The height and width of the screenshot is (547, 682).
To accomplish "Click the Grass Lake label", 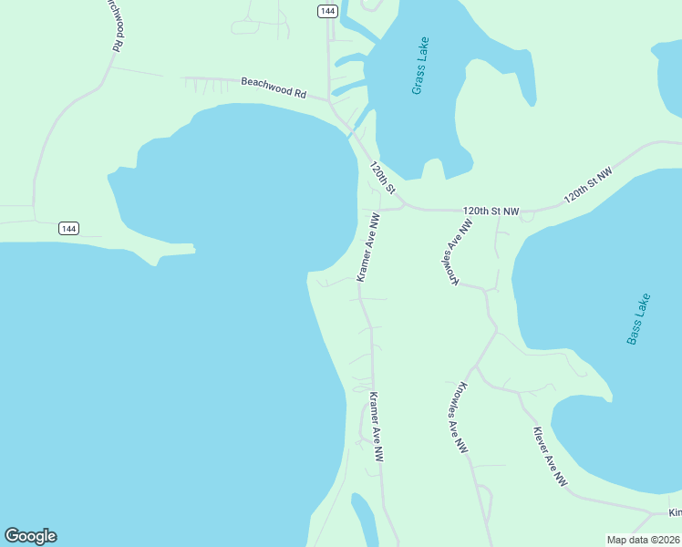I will pos(419,67).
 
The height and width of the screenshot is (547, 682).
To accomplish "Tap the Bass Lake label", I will pos(639,318).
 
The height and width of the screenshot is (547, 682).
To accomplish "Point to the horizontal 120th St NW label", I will pos(491,211).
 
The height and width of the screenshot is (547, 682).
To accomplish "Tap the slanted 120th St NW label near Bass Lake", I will pos(588,185).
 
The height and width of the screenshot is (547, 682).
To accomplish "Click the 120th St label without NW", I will pos(382,178).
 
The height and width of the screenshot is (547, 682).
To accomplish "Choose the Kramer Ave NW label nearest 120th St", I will pos(367,247).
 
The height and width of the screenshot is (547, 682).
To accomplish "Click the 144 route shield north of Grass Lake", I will pos(328,11).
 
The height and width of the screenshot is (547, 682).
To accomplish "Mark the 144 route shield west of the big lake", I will pos(68,228).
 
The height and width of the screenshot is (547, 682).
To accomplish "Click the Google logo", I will pos(30,536).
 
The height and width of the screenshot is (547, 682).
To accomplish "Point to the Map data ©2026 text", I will pos(643,540).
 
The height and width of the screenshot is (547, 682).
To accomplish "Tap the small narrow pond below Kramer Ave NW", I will pos(365,520).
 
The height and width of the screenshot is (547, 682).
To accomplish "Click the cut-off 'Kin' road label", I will pos(674,513).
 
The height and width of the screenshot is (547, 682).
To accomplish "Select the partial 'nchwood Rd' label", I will pos(113,24).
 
